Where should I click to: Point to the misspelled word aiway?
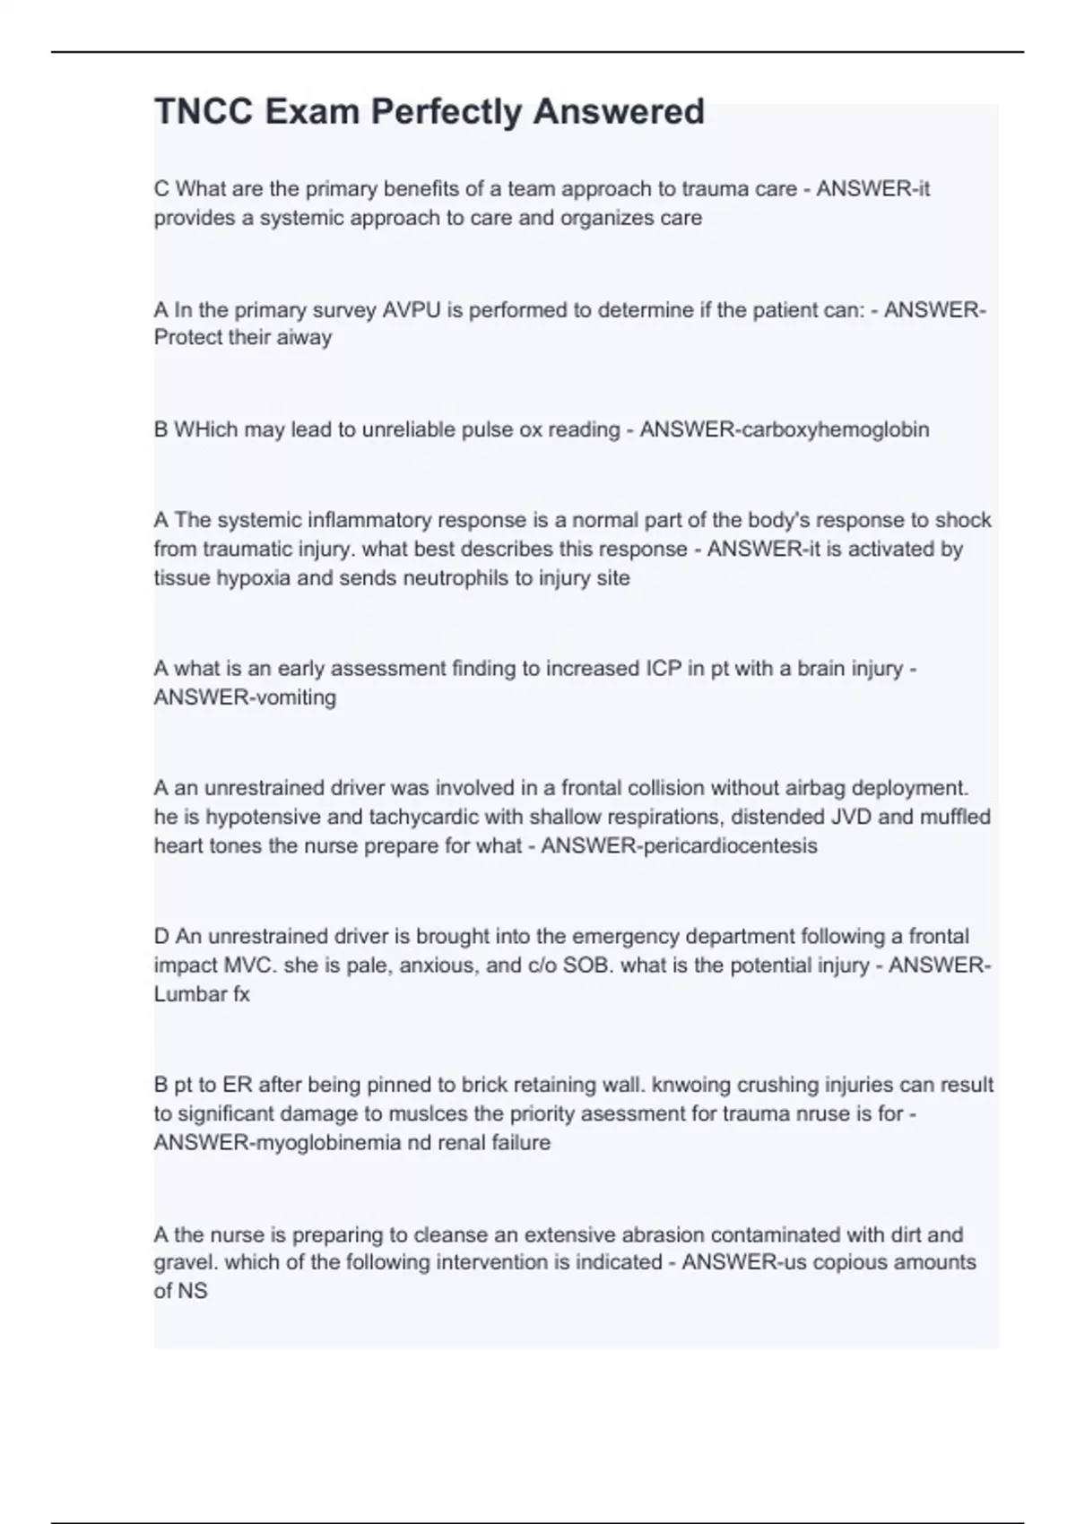point(304,338)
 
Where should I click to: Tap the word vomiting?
point(296,697)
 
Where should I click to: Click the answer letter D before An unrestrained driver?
point(161,937)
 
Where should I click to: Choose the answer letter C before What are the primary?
point(161,189)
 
